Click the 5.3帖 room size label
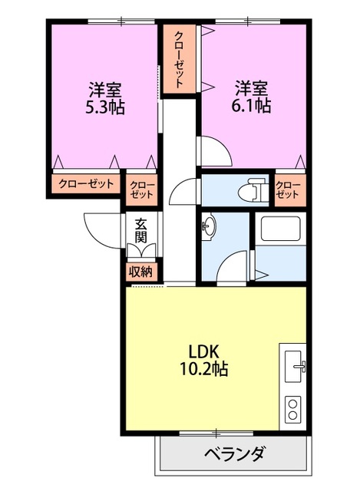click(x=104, y=107)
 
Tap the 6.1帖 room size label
click(x=251, y=106)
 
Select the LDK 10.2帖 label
click(x=203, y=361)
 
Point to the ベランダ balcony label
click(x=235, y=453)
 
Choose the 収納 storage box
click(x=141, y=272)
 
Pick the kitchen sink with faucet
click(x=295, y=366)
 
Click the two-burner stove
click(x=293, y=409)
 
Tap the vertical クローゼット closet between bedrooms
click(x=179, y=59)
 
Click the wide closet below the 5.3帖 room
click(x=86, y=184)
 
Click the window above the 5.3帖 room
click(x=121, y=21)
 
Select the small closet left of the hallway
click(x=141, y=189)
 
